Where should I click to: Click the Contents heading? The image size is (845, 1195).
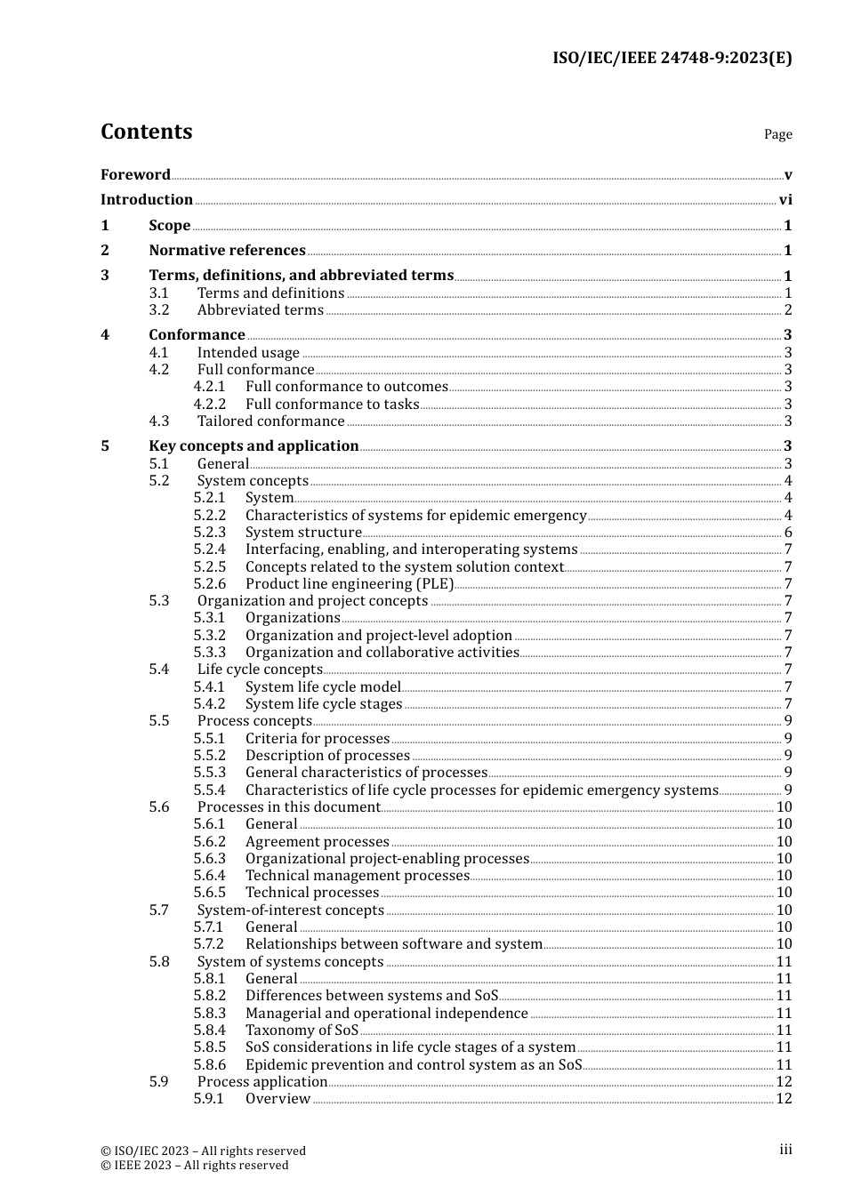coord(146,132)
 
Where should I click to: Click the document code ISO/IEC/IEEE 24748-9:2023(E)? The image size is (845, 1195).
coord(672,59)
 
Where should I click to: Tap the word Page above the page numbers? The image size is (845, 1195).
coord(777,134)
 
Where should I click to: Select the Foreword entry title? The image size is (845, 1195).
coord(135,175)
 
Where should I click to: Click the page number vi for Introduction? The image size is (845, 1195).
coord(785,200)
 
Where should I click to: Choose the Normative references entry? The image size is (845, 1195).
coord(227,251)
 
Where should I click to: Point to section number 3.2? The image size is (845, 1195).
coord(158,310)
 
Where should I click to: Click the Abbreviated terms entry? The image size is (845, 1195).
coord(260,310)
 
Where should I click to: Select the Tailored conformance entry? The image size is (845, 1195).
coord(270,421)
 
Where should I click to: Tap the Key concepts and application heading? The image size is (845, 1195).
coord(253,446)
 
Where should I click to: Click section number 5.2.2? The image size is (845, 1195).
coord(209,516)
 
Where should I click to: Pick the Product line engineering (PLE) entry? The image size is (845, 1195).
coord(350,584)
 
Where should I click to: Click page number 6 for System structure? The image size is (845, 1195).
coord(788,533)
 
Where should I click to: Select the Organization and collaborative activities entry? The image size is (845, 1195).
coord(382,653)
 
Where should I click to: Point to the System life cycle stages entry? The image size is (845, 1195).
coord(324,704)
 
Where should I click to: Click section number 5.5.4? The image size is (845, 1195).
coord(209,790)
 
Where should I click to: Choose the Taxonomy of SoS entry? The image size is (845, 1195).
coord(302,1031)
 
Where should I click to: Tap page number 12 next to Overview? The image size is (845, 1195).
coord(784,1099)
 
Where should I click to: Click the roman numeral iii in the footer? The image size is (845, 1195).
coord(785,1150)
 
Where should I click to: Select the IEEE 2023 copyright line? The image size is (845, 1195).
coord(195,1166)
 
